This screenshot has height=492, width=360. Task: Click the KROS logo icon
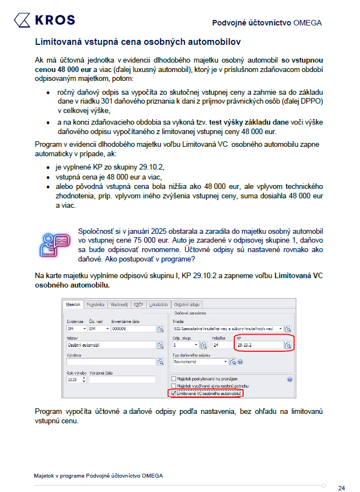[x=23, y=20]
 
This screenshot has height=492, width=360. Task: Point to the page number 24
[x=341, y=488]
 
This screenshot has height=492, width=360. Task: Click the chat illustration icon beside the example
[x=54, y=243]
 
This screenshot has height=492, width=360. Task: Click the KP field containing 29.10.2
[x=259, y=345]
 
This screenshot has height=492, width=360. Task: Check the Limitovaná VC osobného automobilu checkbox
[x=173, y=393]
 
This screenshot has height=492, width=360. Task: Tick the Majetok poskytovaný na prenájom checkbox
[x=173, y=379]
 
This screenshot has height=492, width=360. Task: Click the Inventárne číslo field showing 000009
[x=132, y=329]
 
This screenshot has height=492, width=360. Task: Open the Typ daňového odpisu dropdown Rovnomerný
[x=200, y=361]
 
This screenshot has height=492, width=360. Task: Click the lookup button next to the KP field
[x=288, y=345]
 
